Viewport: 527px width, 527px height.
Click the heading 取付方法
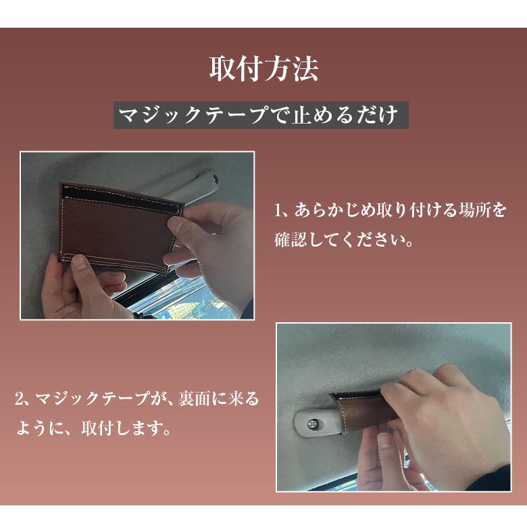coord(263,69)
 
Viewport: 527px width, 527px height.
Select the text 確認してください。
coord(345,240)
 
